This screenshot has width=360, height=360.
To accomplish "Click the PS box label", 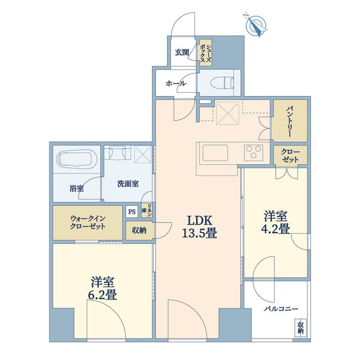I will point(132,212).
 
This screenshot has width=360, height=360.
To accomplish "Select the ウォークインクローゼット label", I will point(87,222).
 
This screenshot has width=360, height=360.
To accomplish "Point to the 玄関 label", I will point(182,52).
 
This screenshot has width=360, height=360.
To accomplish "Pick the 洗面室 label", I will point(128,183).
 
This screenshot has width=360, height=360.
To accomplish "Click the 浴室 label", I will point(76,188).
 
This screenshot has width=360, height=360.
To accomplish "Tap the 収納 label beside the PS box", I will point(139,231).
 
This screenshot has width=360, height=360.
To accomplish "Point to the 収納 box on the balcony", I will point(300,327).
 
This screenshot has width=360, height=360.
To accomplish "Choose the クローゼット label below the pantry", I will point(291,156).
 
